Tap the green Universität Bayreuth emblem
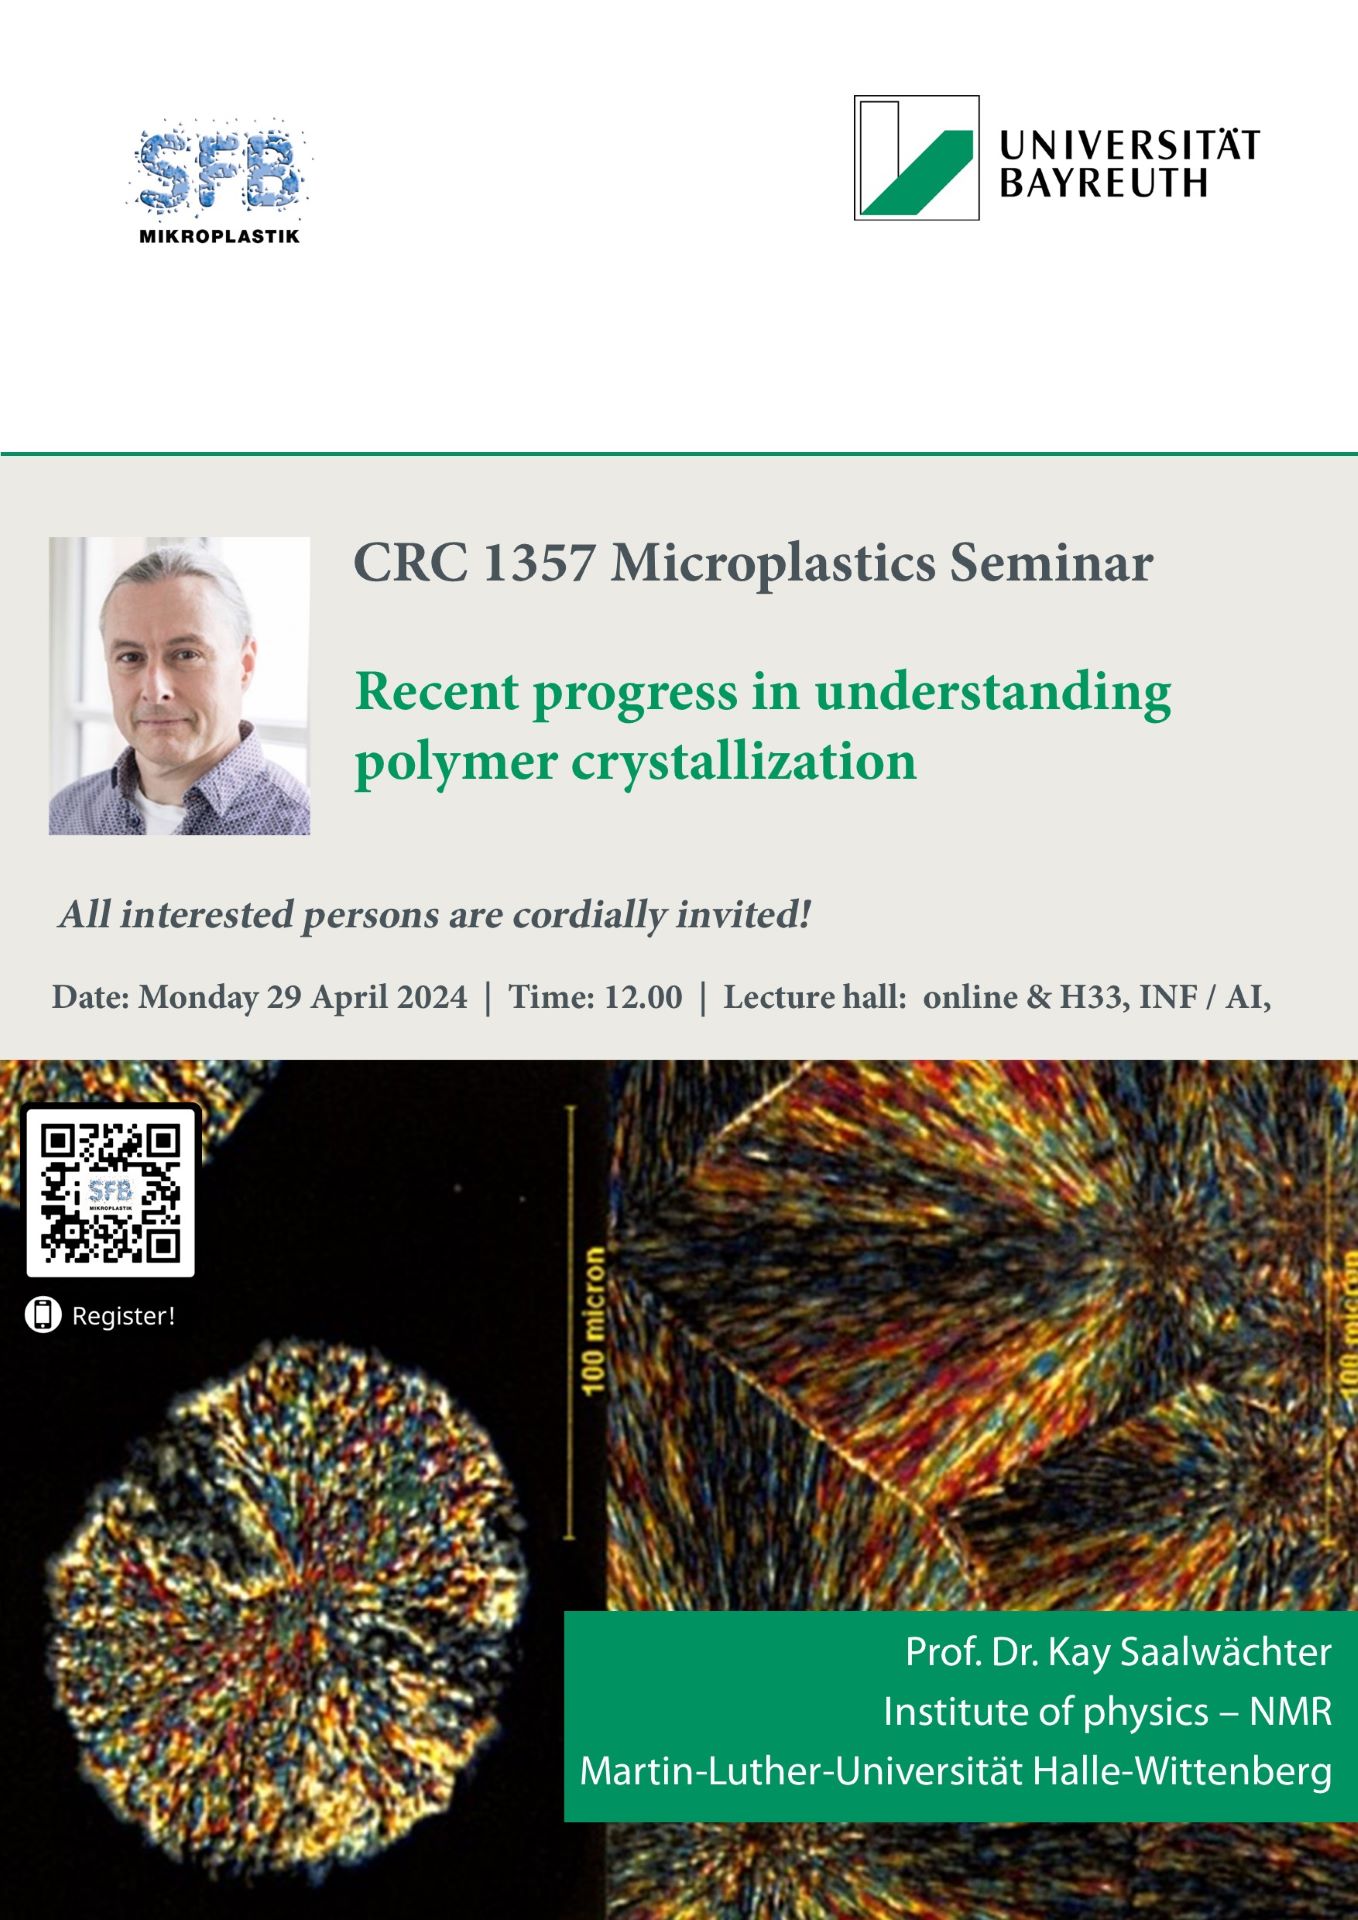coord(916,158)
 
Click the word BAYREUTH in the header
coord(1104,184)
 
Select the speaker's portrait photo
coord(179,686)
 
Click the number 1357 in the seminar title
coord(539,563)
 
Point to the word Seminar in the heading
coord(1051,563)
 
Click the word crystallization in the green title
coord(744,763)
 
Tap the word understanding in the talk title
coord(993,693)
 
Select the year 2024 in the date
coord(432,997)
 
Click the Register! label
coord(123,1316)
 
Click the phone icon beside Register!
coord(42,1315)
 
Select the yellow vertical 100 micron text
coord(593,1319)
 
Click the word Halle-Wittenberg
coord(1182,1772)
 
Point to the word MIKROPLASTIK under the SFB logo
coord(219,237)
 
